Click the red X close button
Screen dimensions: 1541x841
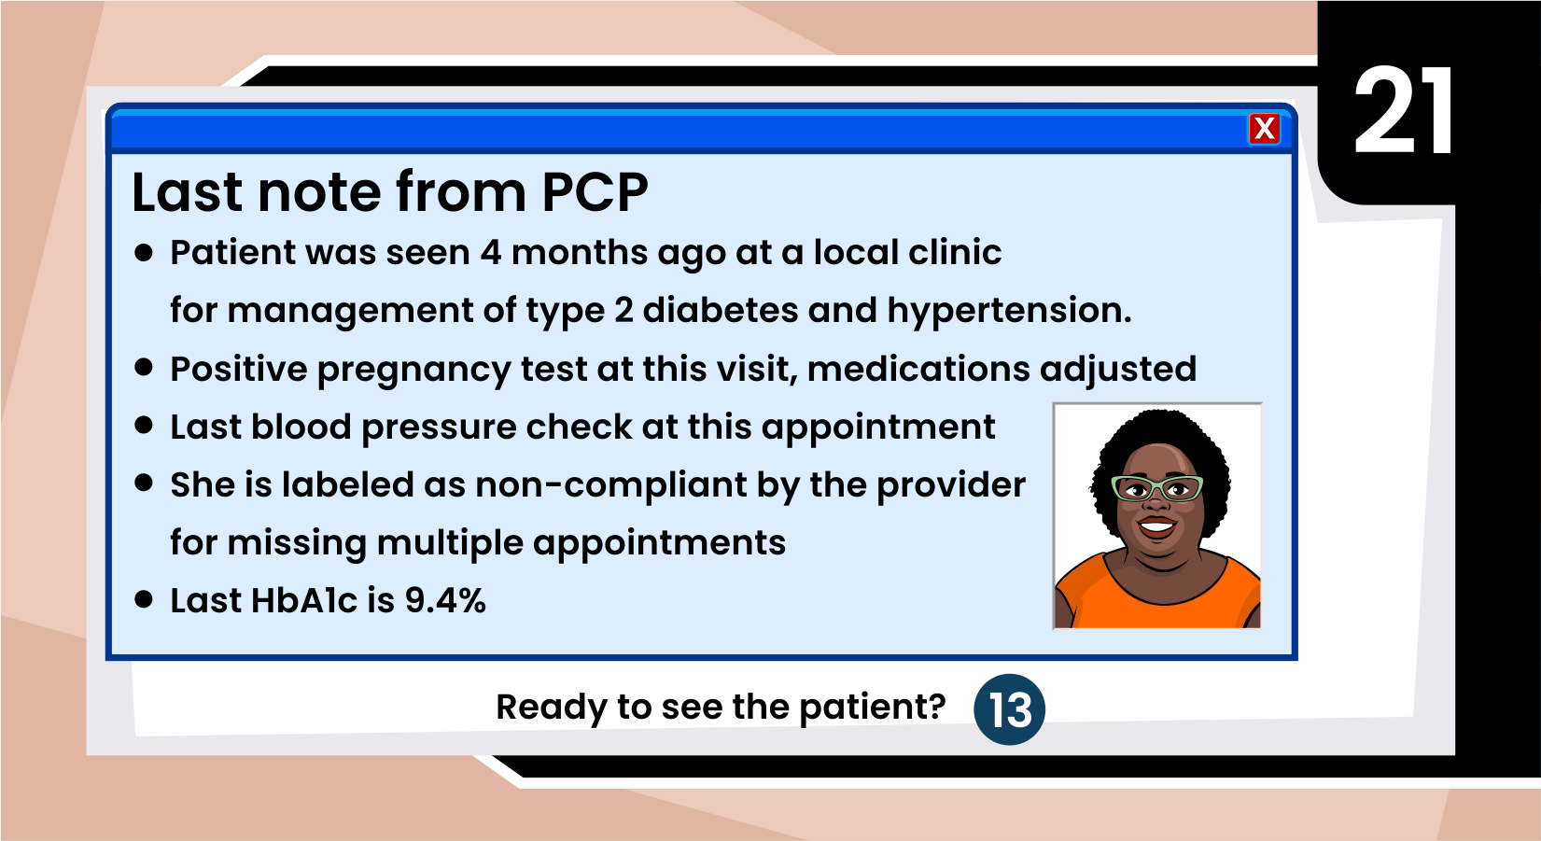pos(1264,129)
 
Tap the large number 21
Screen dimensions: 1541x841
pos(1404,111)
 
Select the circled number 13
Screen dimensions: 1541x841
pos(1009,708)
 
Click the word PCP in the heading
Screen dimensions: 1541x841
pos(595,191)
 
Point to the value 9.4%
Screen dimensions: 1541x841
pos(445,600)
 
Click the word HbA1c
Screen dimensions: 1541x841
pos(303,600)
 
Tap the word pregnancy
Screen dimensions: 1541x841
pos(413,371)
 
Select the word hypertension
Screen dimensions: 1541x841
pos(1009,311)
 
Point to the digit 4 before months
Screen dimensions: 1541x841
pos(491,253)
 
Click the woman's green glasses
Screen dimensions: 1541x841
pos(1157,488)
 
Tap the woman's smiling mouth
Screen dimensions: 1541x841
pos(1156,527)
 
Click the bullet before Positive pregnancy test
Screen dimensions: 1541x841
pos(144,368)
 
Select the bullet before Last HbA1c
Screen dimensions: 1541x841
pos(144,599)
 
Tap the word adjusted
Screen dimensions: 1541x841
pos(1118,371)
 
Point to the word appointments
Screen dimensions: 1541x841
pos(659,544)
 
